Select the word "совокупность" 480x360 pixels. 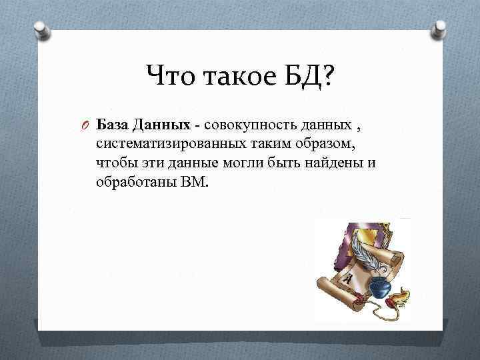tap(243, 125)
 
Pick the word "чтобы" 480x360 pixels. tap(114, 163)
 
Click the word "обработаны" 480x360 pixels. tap(135, 181)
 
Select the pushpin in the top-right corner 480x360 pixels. tap(440, 30)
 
